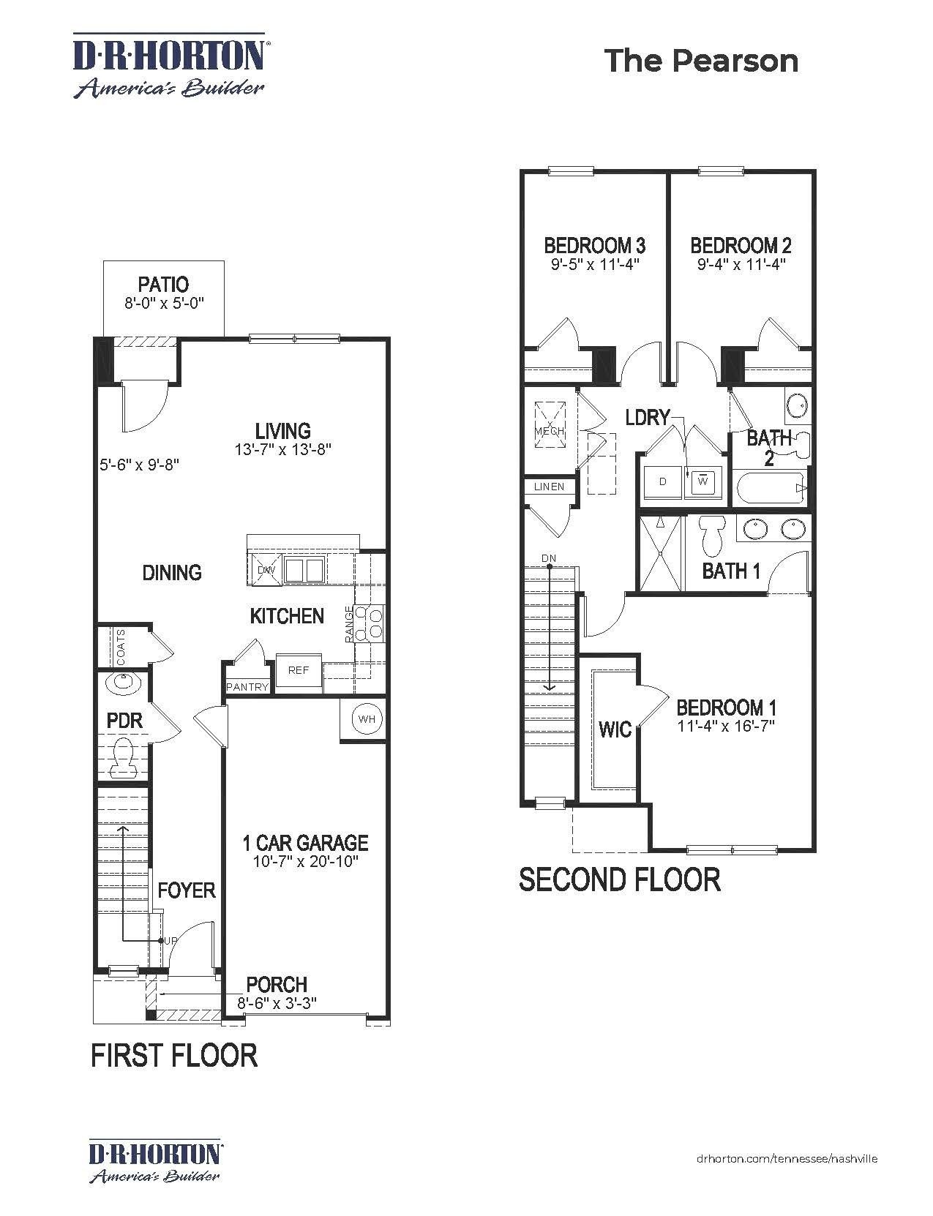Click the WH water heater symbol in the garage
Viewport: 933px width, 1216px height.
coord(367,719)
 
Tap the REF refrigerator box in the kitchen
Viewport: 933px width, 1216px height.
coord(299,670)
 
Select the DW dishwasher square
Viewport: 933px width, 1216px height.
coord(266,570)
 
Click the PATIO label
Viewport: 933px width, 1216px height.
coord(163,284)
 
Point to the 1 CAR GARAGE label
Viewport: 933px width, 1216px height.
coord(305,843)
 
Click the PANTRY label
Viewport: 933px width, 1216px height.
coord(247,687)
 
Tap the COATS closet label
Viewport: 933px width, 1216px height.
coord(121,647)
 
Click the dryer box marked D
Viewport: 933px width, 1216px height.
coord(663,481)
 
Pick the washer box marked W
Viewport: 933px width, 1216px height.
coord(702,481)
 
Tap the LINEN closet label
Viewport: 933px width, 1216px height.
coord(549,487)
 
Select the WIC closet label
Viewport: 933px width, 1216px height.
coord(615,729)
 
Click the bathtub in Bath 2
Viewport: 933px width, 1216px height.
coord(771,488)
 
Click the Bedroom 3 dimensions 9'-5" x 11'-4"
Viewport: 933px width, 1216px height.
coord(595,264)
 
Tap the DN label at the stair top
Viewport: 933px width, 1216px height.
coord(549,558)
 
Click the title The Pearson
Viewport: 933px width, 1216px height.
coord(701,61)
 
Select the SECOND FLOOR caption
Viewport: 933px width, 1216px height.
coord(619,879)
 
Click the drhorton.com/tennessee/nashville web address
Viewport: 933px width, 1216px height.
coord(787,1158)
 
